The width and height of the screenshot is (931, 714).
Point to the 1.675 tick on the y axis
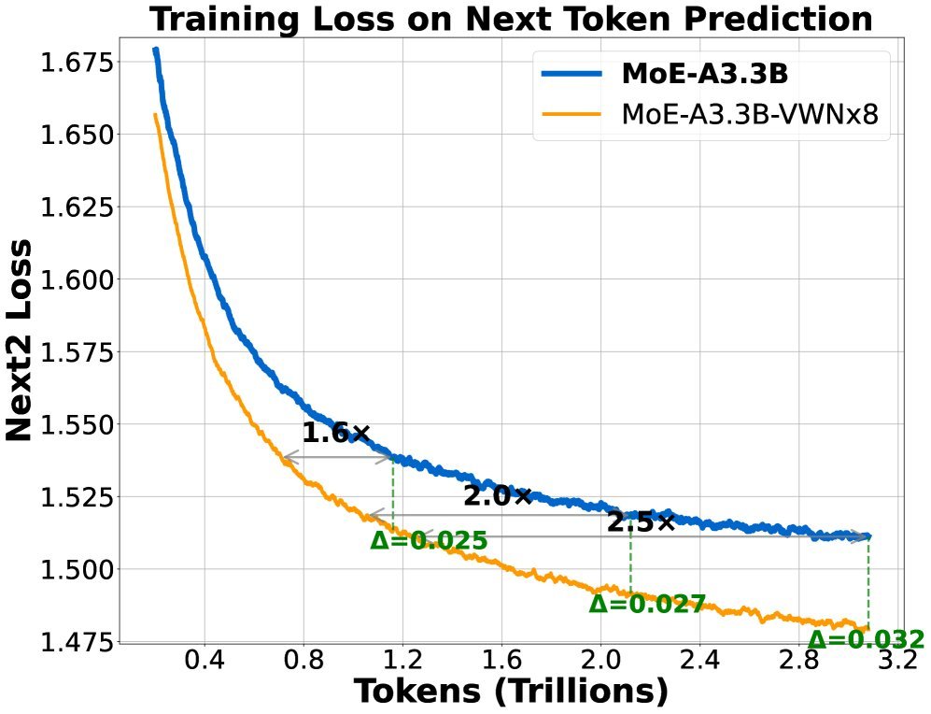point(78,64)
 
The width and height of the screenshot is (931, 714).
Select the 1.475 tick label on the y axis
point(78,642)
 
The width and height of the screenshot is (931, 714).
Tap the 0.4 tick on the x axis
point(205,663)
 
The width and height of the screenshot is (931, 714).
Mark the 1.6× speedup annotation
point(336,434)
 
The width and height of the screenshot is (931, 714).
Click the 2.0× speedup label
point(497,497)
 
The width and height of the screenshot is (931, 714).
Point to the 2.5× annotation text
point(640,522)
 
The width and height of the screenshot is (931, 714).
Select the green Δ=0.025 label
point(429,540)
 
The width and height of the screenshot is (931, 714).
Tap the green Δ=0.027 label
point(646,604)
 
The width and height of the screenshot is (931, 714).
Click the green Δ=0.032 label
point(866,640)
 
